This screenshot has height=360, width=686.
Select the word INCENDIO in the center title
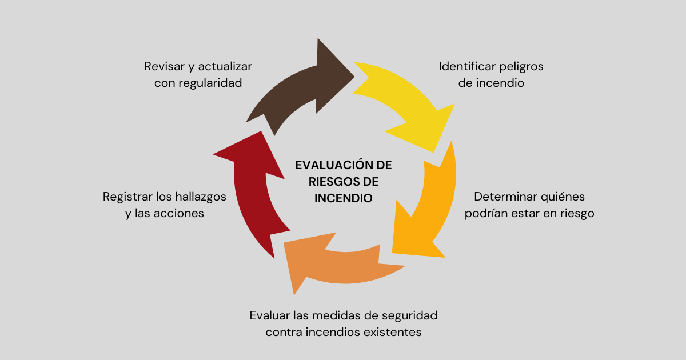[344, 198]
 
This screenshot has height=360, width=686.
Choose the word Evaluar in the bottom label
[269, 315]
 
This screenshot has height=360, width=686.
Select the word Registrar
[127, 197]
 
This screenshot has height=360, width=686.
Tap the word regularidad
[210, 83]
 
